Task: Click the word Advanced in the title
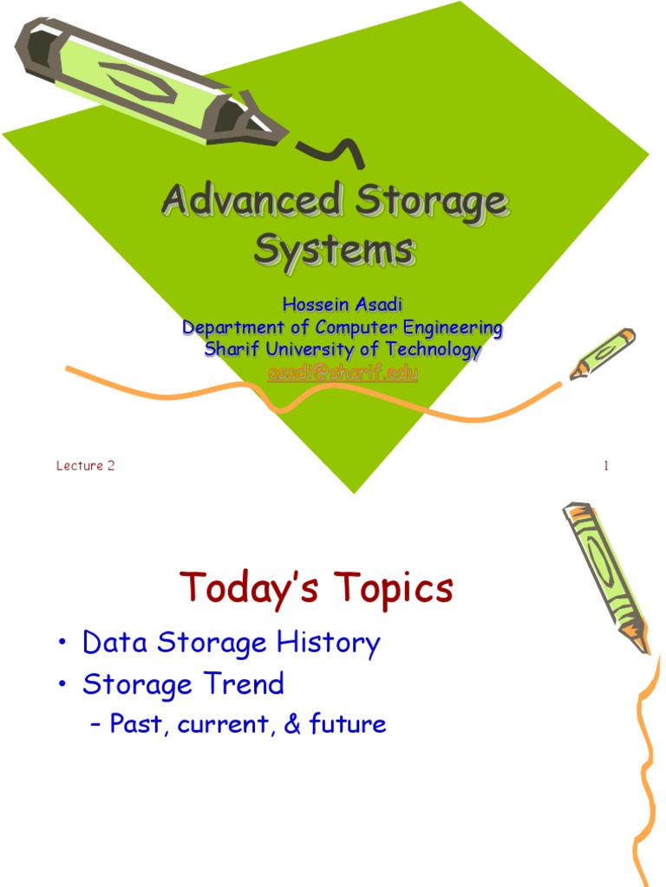pyautogui.click(x=250, y=203)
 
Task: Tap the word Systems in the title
pyautogui.click(x=334, y=250)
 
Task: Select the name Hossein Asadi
pyautogui.click(x=343, y=306)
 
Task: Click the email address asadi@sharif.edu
pyautogui.click(x=343, y=372)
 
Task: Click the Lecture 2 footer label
pyautogui.click(x=86, y=466)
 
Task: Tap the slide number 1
pyautogui.click(x=606, y=466)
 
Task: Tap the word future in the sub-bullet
pyautogui.click(x=346, y=724)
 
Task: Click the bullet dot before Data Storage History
pyautogui.click(x=64, y=644)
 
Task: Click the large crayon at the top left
pyautogui.click(x=147, y=82)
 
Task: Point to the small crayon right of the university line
pyautogui.click(x=603, y=353)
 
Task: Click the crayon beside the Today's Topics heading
pyautogui.click(x=606, y=575)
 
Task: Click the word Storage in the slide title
pyautogui.click(x=428, y=203)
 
